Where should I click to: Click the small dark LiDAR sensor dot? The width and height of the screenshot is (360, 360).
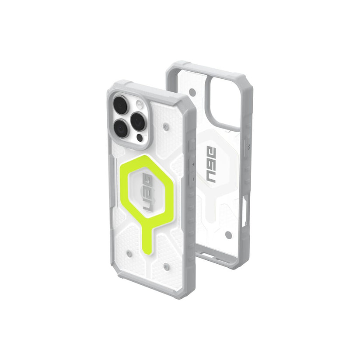point(140,137)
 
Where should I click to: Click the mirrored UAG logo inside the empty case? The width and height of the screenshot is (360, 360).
point(211,164)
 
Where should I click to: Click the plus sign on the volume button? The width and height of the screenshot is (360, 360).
point(193,164)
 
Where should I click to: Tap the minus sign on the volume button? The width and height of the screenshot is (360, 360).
point(193,178)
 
